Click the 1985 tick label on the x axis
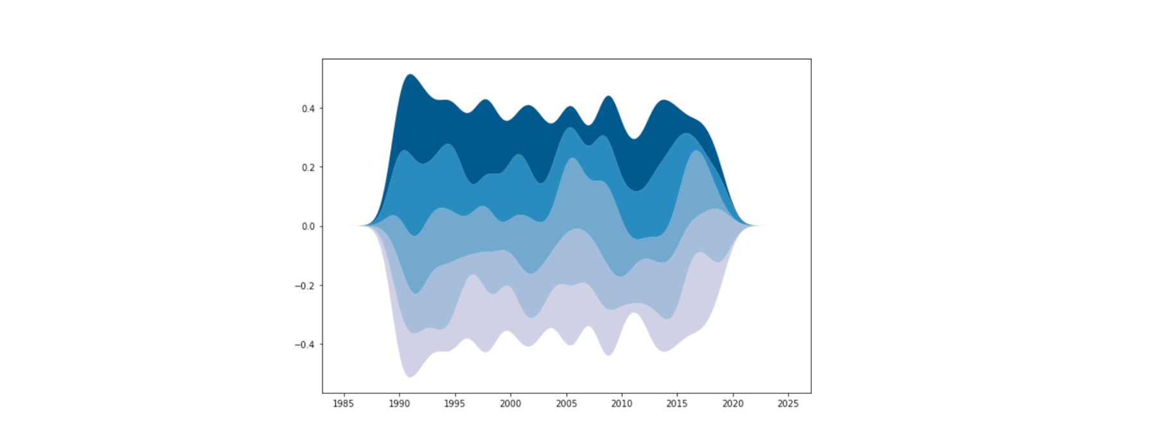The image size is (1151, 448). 344,404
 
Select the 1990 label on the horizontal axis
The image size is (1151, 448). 399,404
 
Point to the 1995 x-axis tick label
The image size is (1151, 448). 455,404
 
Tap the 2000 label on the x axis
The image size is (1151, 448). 510,404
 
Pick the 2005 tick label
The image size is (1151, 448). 566,404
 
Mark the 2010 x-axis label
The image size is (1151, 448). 621,404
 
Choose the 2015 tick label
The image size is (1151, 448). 677,404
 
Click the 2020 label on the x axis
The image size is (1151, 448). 732,404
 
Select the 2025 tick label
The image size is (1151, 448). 788,404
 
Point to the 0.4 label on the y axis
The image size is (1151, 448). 308,109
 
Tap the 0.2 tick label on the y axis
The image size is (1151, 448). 308,168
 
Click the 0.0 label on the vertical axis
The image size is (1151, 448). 308,226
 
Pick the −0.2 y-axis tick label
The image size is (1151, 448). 305,285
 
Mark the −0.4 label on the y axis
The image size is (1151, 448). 305,345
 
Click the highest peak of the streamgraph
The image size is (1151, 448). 410,75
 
